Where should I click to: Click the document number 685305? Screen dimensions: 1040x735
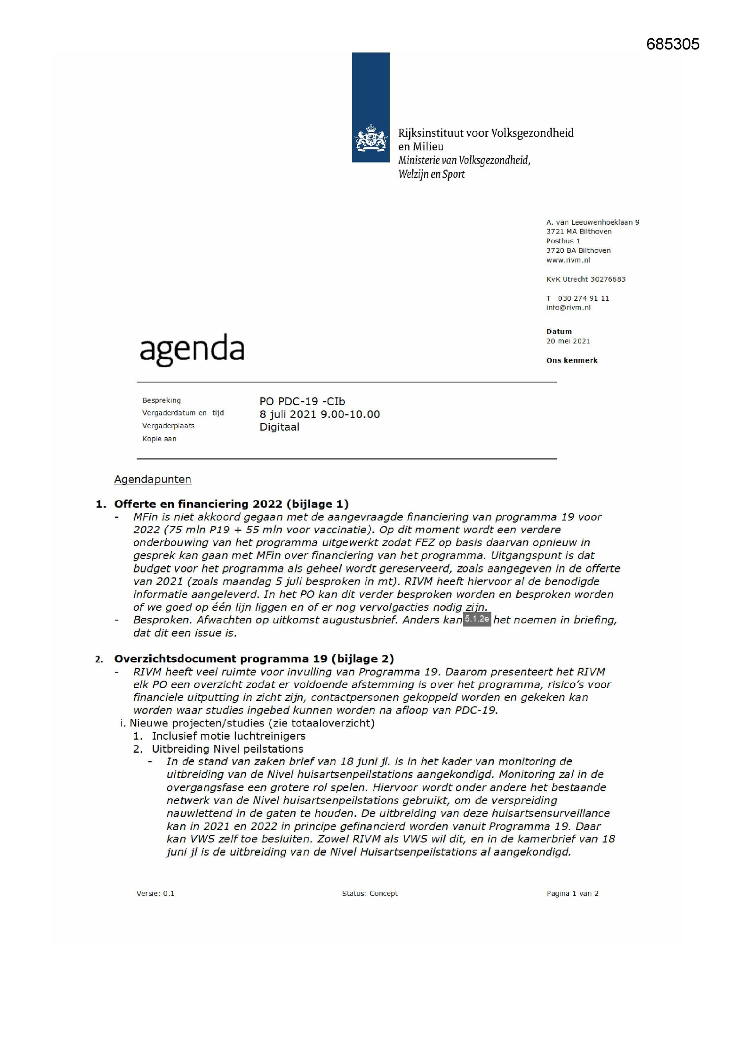[672, 44]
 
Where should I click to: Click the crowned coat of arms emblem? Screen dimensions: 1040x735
[371, 139]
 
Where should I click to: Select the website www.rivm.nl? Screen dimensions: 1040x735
[568, 260]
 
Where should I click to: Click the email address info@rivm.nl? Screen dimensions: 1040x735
[568, 307]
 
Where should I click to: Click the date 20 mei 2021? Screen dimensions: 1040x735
[568, 341]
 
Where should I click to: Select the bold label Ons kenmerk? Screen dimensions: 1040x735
[571, 361]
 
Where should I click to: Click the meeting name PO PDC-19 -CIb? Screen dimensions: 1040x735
[302, 401]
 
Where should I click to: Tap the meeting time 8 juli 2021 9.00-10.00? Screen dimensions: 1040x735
[320, 414]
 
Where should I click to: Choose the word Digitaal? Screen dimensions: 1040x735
[279, 427]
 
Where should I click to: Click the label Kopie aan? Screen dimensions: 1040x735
[160, 439]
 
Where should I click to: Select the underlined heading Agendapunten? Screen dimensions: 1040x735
[152, 479]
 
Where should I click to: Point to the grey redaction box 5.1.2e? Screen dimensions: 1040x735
[476, 619]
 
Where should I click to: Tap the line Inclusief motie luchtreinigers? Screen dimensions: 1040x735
[228, 736]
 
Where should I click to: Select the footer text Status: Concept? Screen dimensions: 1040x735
[370, 893]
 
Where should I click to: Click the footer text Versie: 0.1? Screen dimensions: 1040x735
[155, 893]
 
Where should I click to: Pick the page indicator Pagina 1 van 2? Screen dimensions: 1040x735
[572, 893]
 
